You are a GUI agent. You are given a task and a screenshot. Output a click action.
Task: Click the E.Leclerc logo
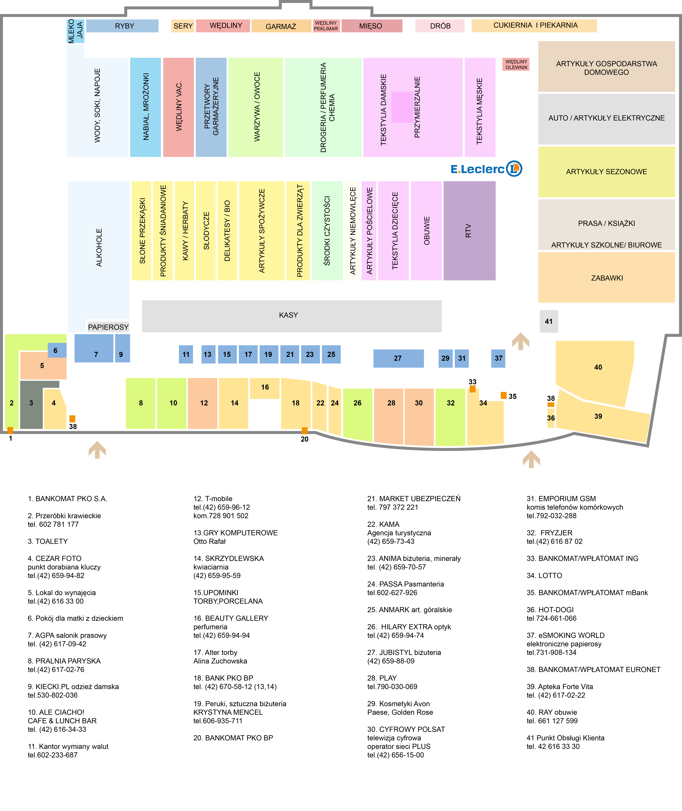486,169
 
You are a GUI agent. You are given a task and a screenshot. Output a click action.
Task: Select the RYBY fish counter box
122,26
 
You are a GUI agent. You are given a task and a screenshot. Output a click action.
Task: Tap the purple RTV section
469,231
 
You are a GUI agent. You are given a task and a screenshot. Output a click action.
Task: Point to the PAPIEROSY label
108,327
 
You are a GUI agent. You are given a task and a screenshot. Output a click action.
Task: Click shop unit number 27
398,358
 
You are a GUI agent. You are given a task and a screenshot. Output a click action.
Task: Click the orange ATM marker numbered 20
305,431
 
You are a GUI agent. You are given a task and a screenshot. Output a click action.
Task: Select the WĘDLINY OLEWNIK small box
516,65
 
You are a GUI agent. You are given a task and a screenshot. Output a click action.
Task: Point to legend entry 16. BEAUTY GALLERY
231,618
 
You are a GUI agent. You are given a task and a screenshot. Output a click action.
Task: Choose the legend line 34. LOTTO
544,575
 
